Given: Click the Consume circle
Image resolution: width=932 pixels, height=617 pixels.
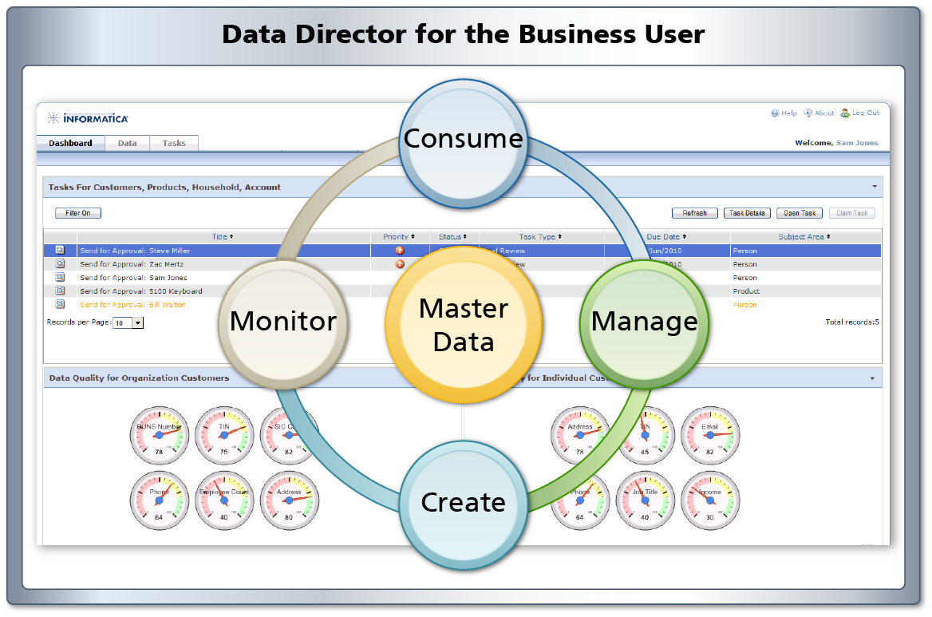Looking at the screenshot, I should (x=463, y=140).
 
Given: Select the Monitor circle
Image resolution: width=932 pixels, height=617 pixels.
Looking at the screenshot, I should (x=282, y=322).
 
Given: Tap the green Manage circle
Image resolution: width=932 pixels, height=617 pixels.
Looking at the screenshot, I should (x=643, y=322).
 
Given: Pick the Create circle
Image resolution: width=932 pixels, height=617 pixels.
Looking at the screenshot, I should (x=463, y=503).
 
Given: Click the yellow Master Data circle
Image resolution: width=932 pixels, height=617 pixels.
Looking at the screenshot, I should (x=463, y=325).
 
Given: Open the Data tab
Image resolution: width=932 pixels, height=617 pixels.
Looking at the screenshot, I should (x=127, y=144).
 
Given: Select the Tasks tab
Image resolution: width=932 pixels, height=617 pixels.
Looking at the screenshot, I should (x=174, y=144).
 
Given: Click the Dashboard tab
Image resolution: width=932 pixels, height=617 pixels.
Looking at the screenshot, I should (x=70, y=144).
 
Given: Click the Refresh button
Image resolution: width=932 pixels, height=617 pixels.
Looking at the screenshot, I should (x=694, y=213).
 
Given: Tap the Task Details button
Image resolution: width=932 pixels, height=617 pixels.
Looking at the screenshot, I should (x=747, y=213).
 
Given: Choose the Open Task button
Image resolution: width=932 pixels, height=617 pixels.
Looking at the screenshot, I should (x=799, y=213).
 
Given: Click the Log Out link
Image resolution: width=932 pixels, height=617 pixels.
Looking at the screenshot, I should (x=860, y=113).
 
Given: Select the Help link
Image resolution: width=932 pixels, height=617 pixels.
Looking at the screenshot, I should (x=784, y=113).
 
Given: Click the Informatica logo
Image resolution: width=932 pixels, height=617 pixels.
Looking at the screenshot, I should (x=88, y=119).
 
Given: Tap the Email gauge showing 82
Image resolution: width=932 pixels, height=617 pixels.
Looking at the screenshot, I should (x=709, y=436).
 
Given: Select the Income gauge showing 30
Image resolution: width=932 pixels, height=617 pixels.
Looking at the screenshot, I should (x=709, y=501).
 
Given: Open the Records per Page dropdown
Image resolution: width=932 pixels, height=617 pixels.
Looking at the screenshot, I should (x=136, y=323).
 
